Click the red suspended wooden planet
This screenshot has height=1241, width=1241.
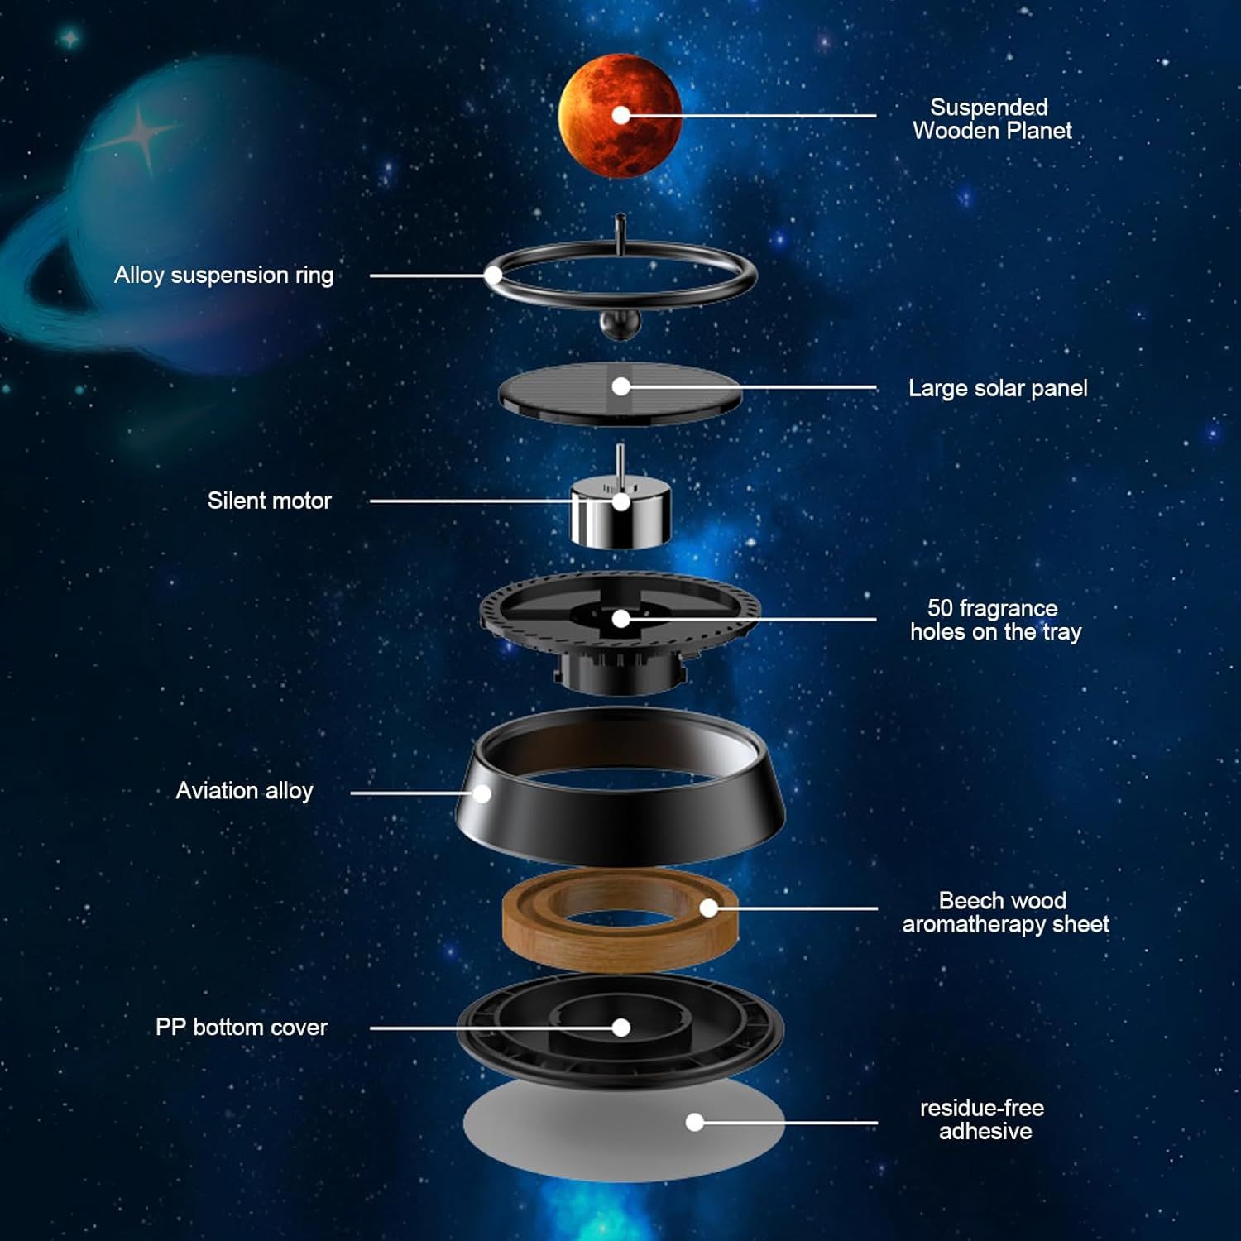tap(620, 116)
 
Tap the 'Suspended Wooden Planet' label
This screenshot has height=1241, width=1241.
tap(991, 119)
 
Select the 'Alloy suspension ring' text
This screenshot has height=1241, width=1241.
tap(223, 276)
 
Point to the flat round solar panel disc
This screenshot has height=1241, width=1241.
tap(620, 394)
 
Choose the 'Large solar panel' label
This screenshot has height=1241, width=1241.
tap(998, 388)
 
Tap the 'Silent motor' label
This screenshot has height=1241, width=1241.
tap(269, 501)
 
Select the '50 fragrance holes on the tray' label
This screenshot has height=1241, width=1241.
tap(995, 620)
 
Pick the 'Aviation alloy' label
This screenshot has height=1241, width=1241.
tap(244, 791)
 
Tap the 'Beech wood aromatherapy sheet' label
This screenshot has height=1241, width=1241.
tap(1005, 913)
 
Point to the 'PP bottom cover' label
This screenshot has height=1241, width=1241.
tap(242, 1028)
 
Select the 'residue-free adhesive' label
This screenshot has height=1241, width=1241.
tap(983, 1119)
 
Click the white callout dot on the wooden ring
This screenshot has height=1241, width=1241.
tap(709, 908)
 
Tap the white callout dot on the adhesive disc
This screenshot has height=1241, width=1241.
tap(695, 1122)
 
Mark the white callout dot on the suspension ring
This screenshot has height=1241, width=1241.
tap(494, 276)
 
